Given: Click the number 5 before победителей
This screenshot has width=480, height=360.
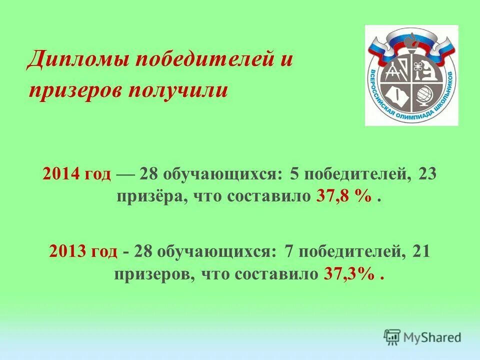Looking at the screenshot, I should pyautogui.click(x=294, y=173).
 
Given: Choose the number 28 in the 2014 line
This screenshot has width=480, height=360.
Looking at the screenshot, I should pyautogui.click(x=150, y=173).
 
